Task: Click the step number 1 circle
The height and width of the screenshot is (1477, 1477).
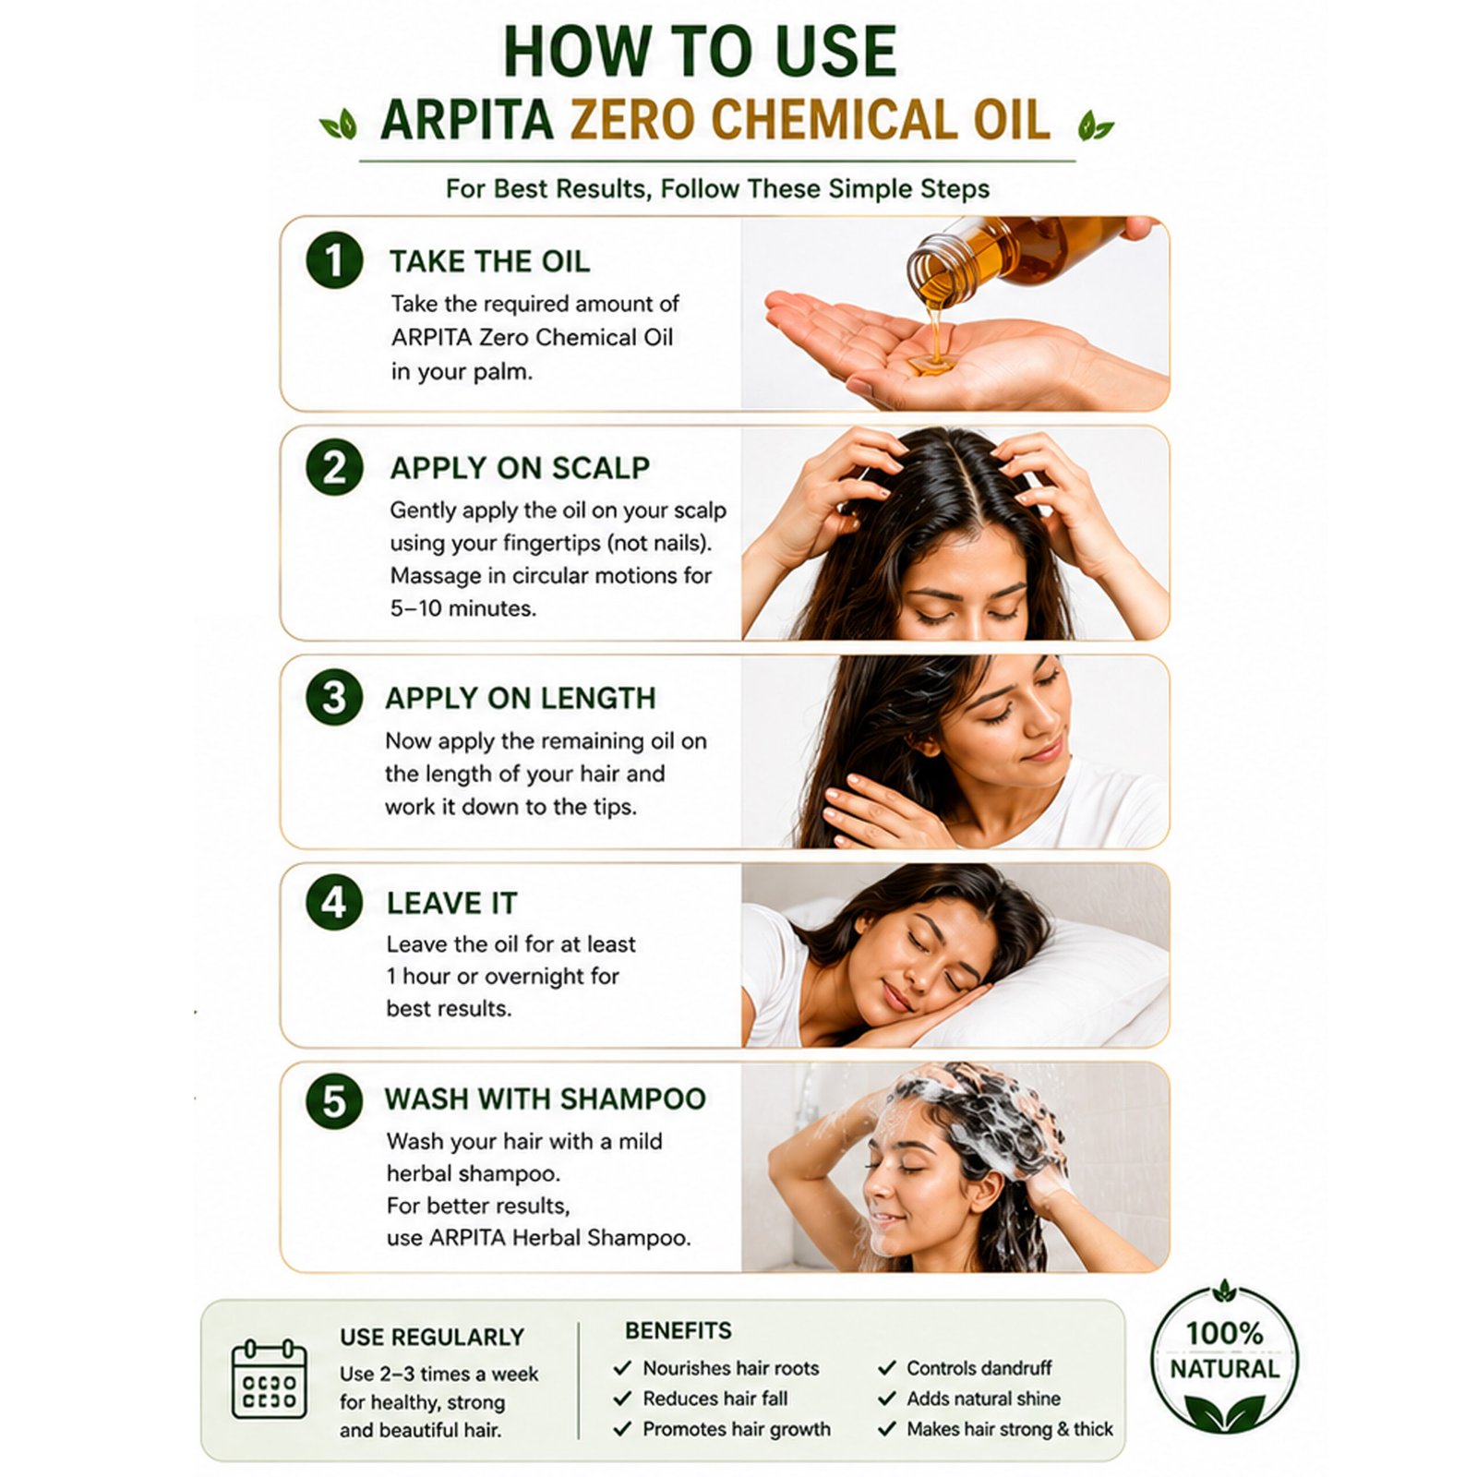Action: coord(334,260)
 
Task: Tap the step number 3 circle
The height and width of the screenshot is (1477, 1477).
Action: coord(334,697)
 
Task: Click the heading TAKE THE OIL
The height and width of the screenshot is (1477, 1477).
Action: coord(489,261)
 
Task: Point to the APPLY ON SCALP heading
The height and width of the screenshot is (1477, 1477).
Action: coord(520,468)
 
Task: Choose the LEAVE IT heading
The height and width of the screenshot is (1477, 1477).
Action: coord(451,903)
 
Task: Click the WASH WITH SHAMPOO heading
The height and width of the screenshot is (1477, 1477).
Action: coord(546,1099)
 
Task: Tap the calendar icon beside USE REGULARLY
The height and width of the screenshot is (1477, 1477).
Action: coord(269,1379)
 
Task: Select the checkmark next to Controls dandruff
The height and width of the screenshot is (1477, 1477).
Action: coord(887,1368)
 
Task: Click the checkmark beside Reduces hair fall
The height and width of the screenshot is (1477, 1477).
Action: coord(622,1399)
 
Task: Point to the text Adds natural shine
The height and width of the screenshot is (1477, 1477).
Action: coord(983,1399)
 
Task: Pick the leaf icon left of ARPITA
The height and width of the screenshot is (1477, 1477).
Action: coord(339,124)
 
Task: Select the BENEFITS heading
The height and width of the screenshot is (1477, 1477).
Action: coord(678,1330)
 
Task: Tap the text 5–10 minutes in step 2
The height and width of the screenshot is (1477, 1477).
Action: coord(462,608)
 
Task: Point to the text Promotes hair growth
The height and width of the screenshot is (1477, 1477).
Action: coord(737,1429)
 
